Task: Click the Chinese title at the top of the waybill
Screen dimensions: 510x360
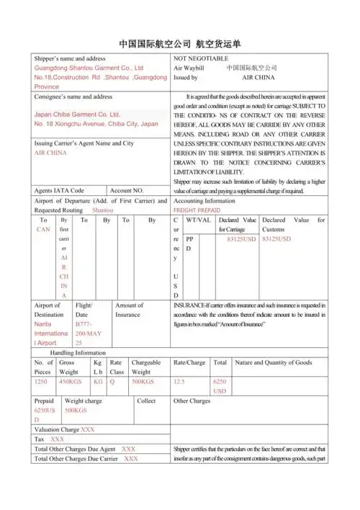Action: (179, 42)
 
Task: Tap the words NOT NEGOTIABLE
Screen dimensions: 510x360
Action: (201, 58)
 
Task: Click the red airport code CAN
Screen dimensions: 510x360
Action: (43, 229)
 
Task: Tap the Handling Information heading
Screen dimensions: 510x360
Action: (78, 353)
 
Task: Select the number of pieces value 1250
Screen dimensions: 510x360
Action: (41, 381)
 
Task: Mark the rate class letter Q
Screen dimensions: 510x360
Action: (112, 381)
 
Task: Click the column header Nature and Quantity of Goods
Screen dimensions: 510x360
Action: (274, 362)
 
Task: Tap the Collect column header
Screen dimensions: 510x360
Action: (146, 401)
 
